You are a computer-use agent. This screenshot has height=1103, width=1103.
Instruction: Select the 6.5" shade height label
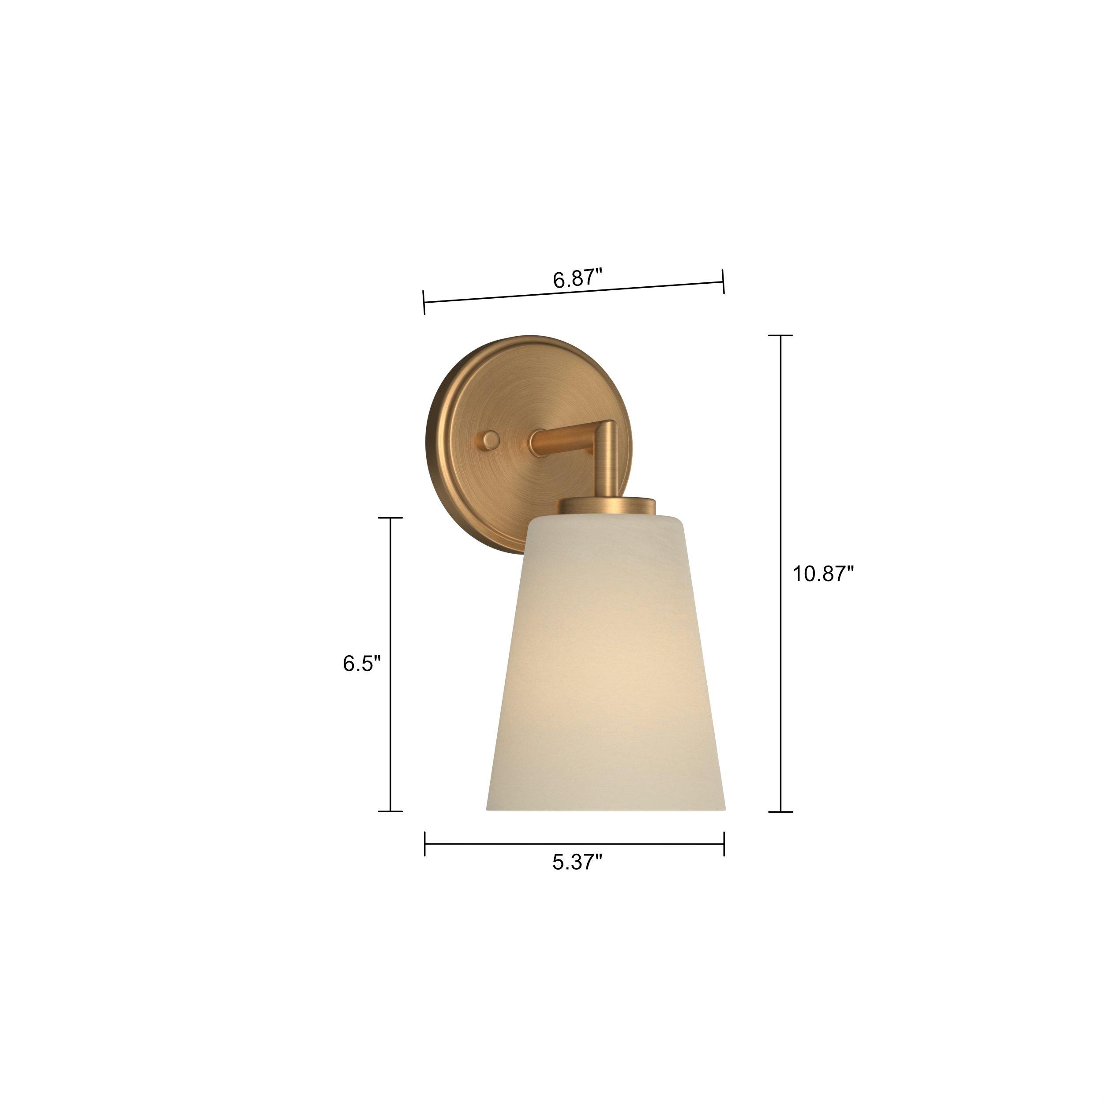361,664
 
